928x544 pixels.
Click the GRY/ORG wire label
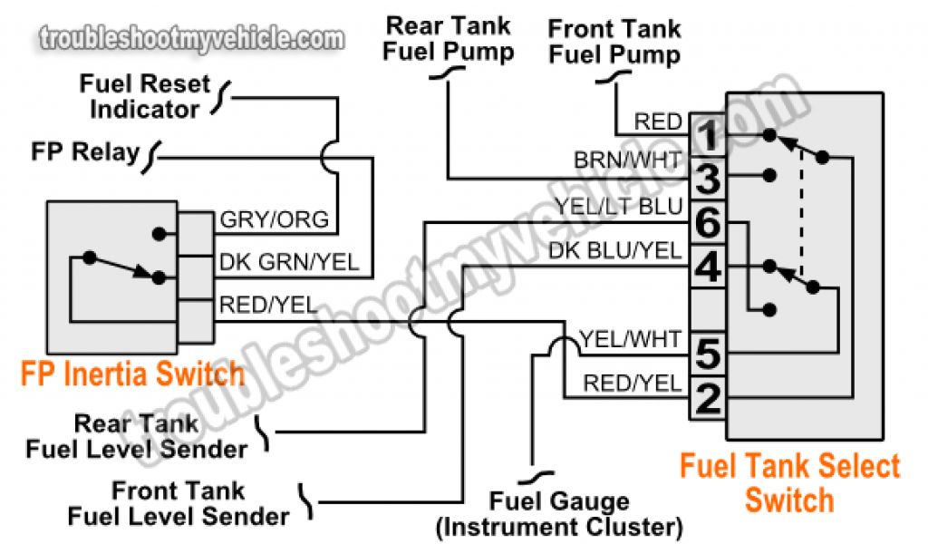pos(275,221)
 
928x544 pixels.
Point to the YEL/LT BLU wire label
pos(618,208)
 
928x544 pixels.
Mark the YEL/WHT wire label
pos(629,339)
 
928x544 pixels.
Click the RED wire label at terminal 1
pos(658,121)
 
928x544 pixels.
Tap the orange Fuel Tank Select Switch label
pos(789,482)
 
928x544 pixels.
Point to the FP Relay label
pos(85,151)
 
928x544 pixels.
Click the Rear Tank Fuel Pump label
pos(448,39)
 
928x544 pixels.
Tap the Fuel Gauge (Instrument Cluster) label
pos(559,513)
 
